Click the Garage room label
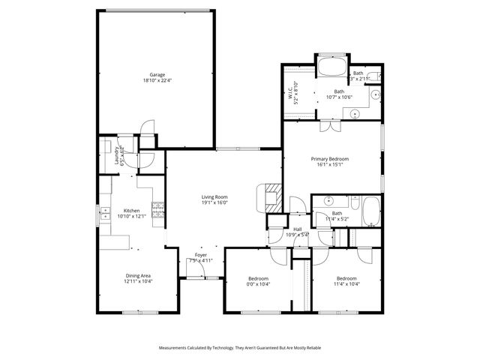[x=157, y=74]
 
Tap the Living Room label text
[x=214, y=196]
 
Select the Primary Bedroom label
[x=330, y=159]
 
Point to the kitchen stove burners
[x=157, y=212]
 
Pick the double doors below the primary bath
[x=330, y=125]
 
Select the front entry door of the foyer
[x=197, y=277]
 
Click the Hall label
[x=298, y=229]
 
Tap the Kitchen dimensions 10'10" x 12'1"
[x=131, y=217]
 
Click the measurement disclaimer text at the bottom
[x=239, y=348]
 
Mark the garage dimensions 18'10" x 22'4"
[x=157, y=80]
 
